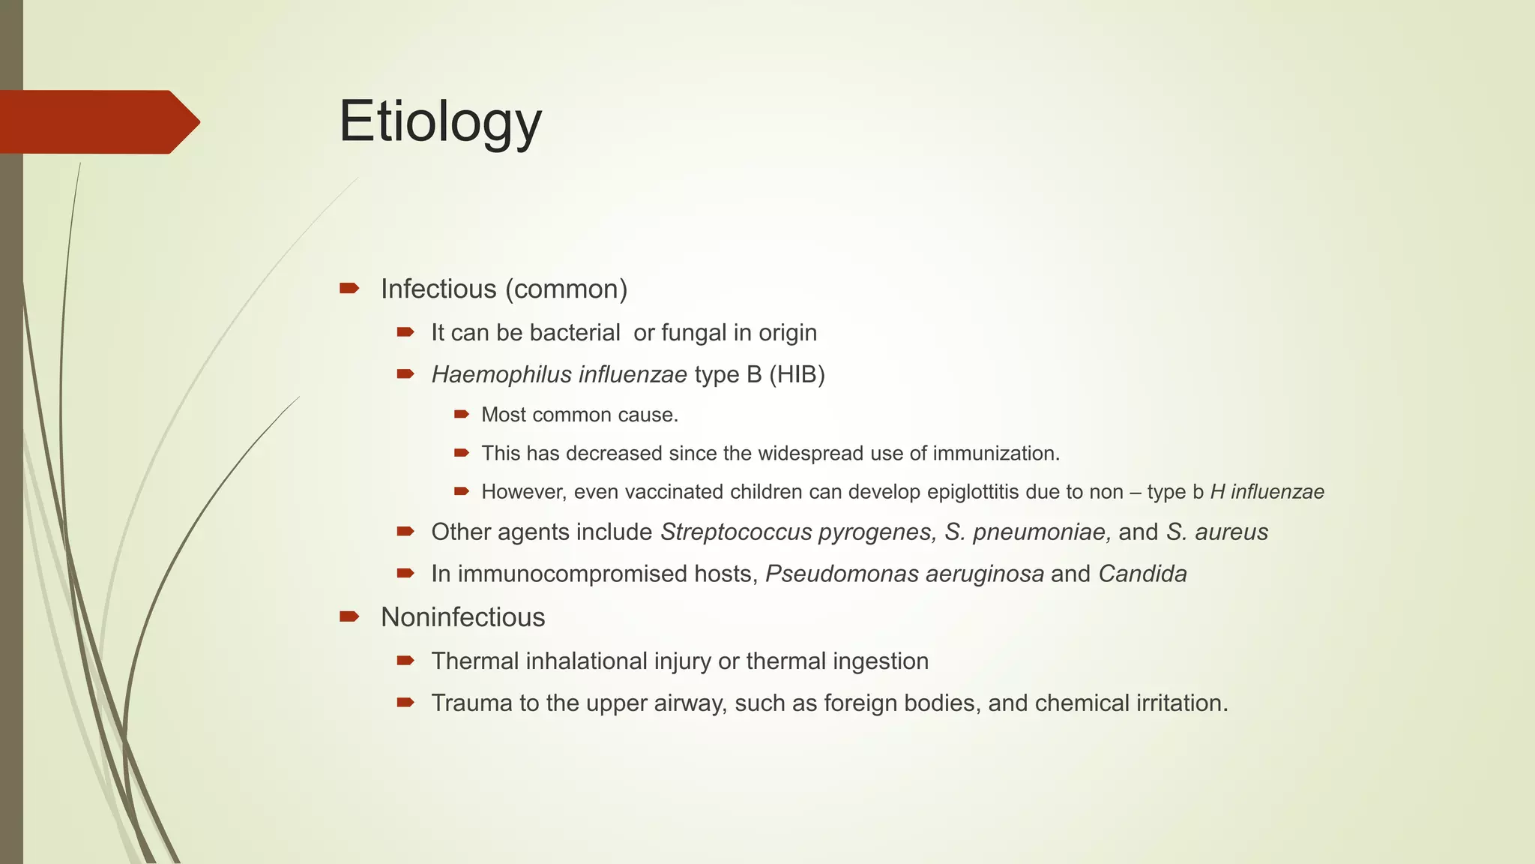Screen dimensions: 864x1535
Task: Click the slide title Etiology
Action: pyautogui.click(x=440, y=122)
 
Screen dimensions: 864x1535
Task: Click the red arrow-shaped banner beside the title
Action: pyautogui.click(x=97, y=122)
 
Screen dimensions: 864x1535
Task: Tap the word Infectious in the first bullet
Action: pyautogui.click(x=438, y=289)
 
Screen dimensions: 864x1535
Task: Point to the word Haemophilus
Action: pyautogui.click(x=491, y=374)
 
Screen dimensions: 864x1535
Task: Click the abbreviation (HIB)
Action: pyautogui.click(x=797, y=374)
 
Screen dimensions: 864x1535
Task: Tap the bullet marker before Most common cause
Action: pyautogui.click(x=461, y=414)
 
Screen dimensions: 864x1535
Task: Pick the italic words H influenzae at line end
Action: pyautogui.click(x=1267, y=492)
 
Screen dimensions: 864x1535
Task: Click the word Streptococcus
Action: pyautogui.click(x=736, y=532)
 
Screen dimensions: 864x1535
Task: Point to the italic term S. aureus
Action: pyautogui.click(x=1217, y=532)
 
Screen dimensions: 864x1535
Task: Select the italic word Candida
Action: pyautogui.click(x=1142, y=574)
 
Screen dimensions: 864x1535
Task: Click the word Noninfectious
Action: pyautogui.click(x=462, y=617)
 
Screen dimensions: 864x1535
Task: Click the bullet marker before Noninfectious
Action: pyautogui.click(x=349, y=616)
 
